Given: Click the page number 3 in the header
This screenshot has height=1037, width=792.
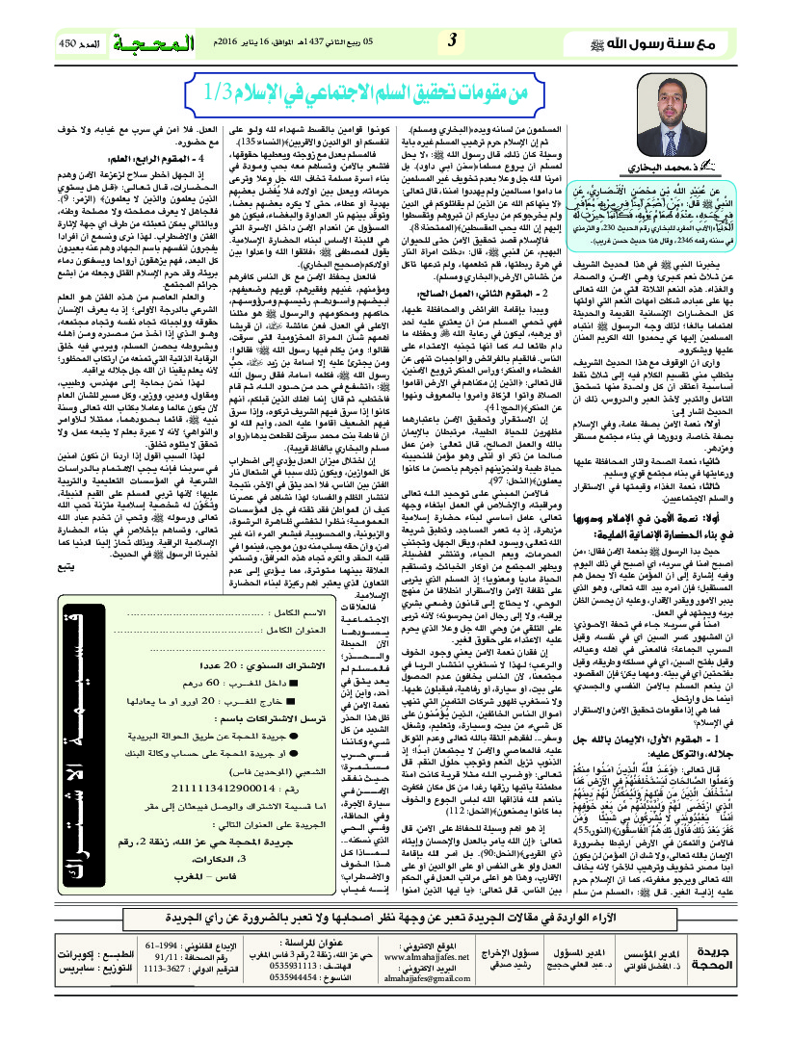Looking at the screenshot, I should [452, 41].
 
